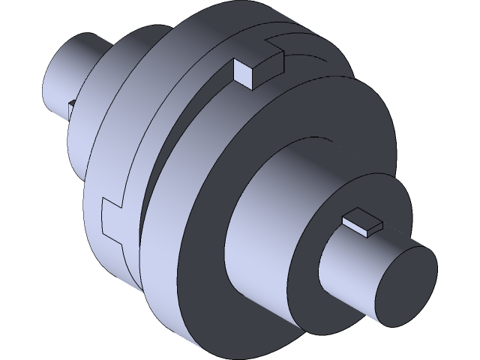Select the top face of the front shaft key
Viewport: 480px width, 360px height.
363,221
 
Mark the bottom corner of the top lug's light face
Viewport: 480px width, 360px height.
250,87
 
